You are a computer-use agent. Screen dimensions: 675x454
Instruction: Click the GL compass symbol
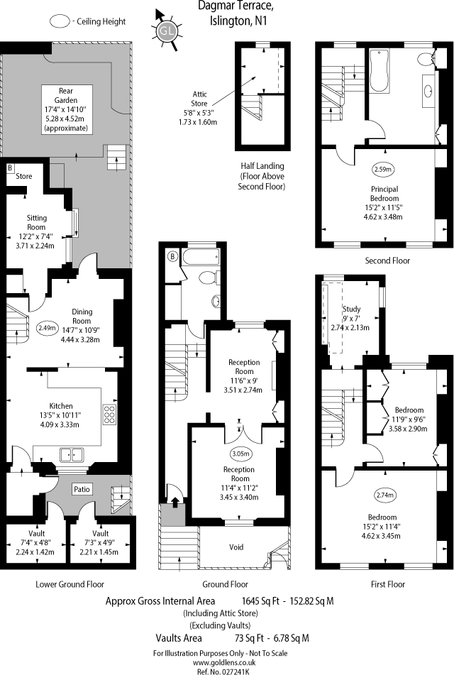[x=166, y=31]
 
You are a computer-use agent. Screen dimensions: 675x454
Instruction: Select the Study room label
[x=353, y=309]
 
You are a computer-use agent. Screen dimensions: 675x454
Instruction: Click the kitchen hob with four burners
[x=110, y=413]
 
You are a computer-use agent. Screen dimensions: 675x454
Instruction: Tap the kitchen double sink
[x=72, y=454]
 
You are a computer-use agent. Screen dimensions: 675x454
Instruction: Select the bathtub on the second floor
[x=379, y=71]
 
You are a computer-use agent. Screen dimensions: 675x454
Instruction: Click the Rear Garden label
[x=68, y=90]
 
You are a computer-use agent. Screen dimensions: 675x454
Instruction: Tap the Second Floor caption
[x=387, y=260]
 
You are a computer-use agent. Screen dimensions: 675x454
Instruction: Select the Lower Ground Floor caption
[x=70, y=584]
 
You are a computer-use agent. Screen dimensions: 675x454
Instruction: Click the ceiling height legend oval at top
[x=62, y=21]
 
